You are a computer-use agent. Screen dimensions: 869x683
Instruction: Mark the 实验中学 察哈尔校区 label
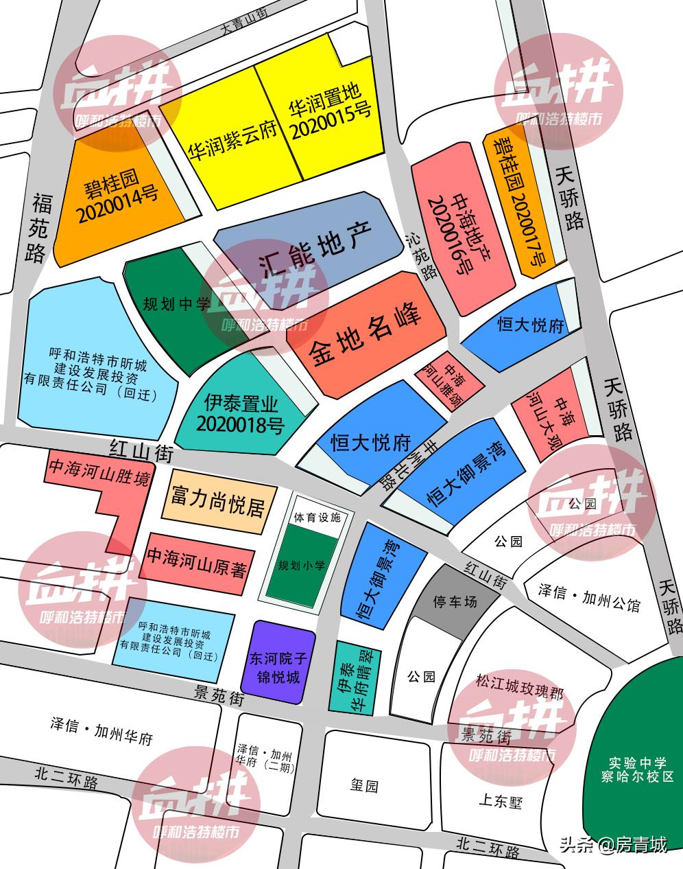click(637, 769)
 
